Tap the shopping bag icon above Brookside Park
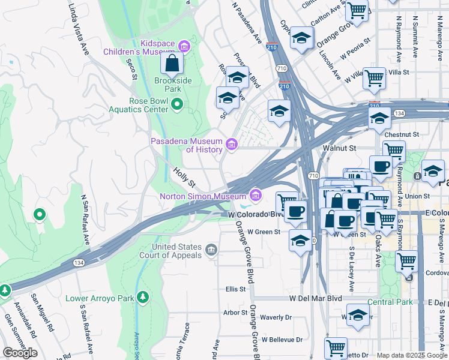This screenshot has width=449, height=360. pos(172,62)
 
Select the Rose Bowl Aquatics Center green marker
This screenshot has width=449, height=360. pos(176,105)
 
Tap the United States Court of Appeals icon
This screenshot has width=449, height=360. pos(211,250)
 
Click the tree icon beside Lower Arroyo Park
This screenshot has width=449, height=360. pos(143,297)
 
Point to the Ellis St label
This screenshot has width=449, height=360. pos(236,289)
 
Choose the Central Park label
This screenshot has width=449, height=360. pos(390,302)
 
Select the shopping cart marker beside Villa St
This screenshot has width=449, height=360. pos(374,77)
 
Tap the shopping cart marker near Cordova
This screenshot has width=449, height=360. pos(407,262)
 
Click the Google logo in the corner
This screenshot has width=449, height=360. pos(20,353)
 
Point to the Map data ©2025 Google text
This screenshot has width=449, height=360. pos(412,355)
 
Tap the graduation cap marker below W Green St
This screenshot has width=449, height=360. pos(300,241)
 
